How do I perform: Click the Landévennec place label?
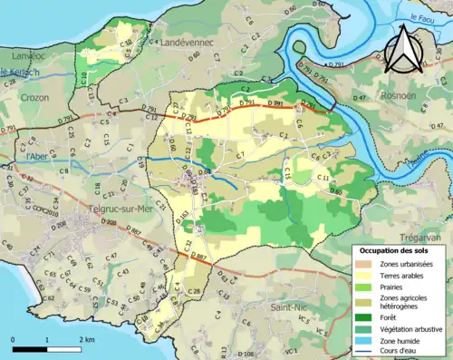(189, 43)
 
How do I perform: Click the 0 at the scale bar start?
(14, 338)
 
